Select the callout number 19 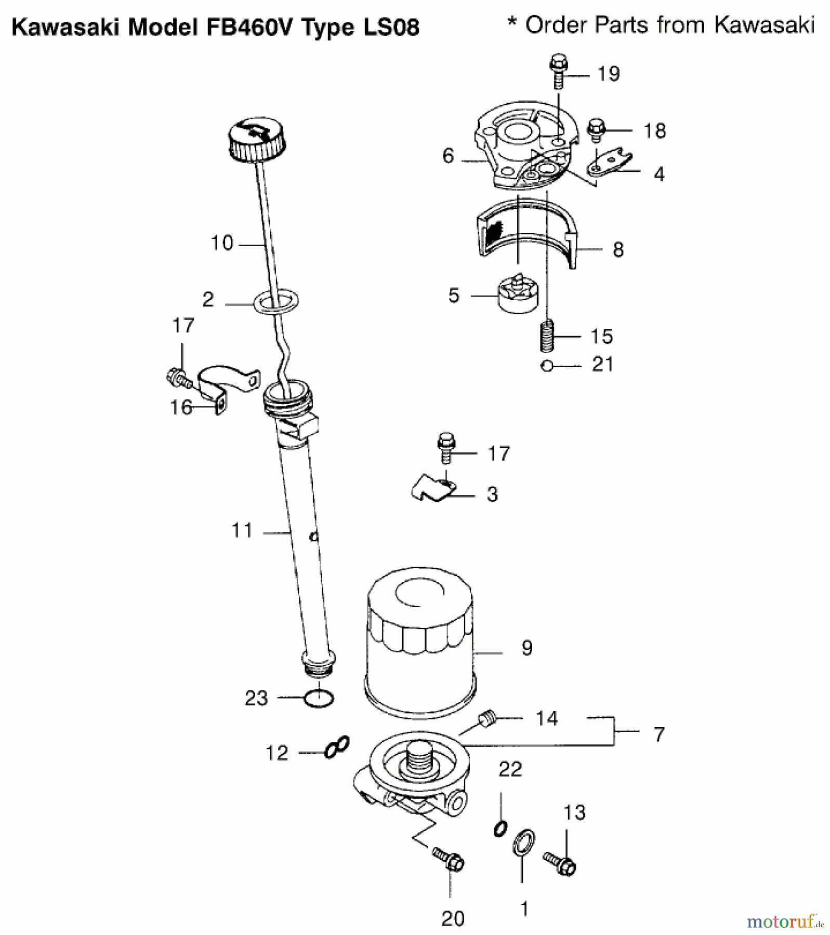(609, 74)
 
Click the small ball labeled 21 (546, 366)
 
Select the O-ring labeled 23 (318, 699)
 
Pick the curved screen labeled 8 (528, 234)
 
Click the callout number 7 (659, 734)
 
